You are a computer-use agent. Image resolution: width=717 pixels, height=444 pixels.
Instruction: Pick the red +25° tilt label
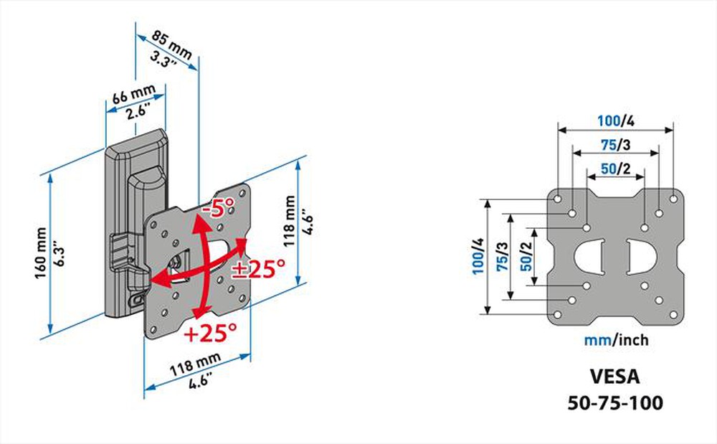coord(210,333)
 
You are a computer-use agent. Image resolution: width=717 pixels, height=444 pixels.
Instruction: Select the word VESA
coord(616,376)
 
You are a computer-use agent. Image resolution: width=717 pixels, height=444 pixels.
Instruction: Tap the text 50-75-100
coord(616,402)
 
